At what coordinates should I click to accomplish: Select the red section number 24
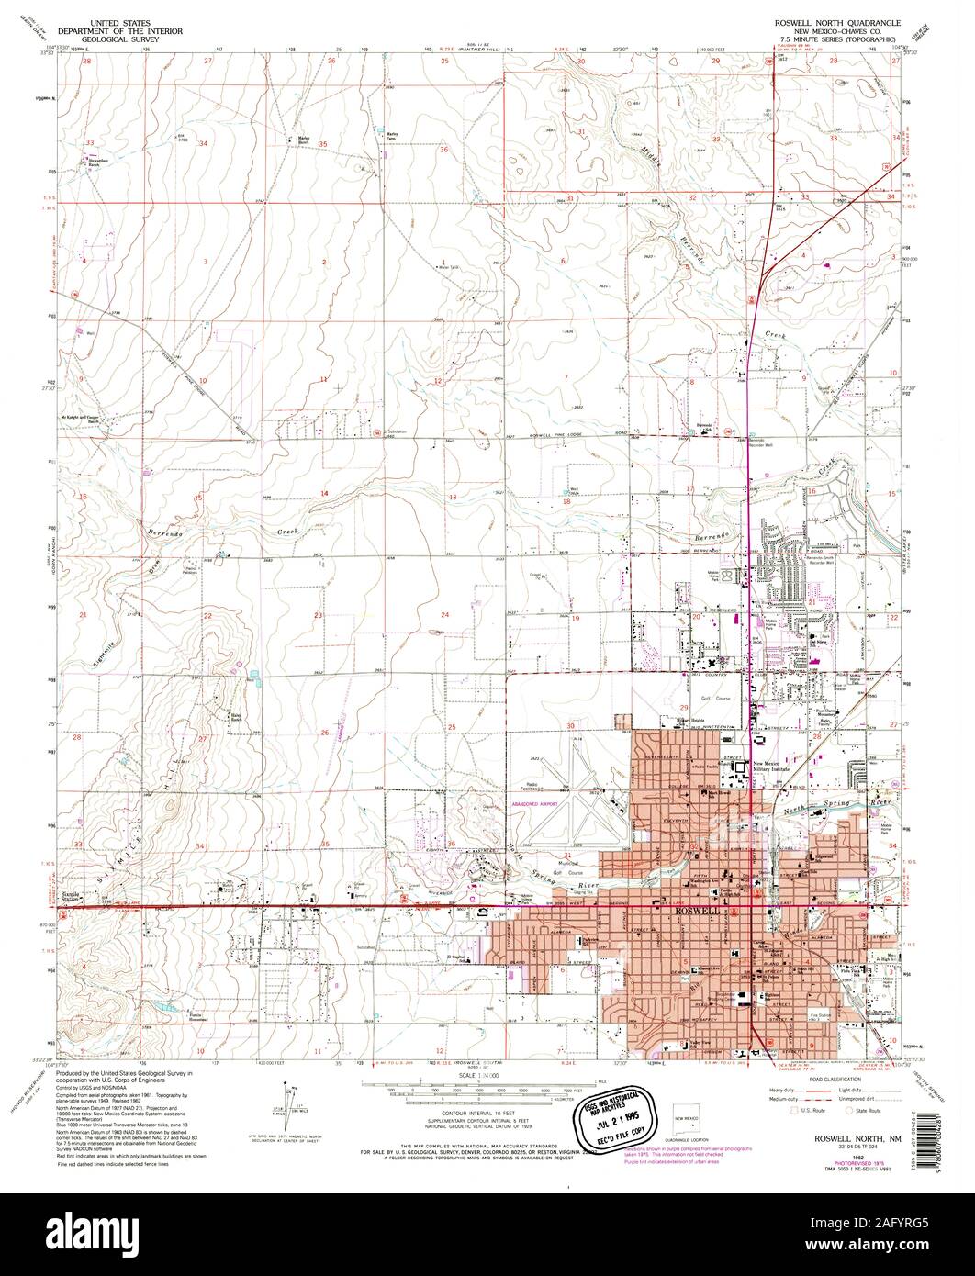[x=445, y=614]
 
